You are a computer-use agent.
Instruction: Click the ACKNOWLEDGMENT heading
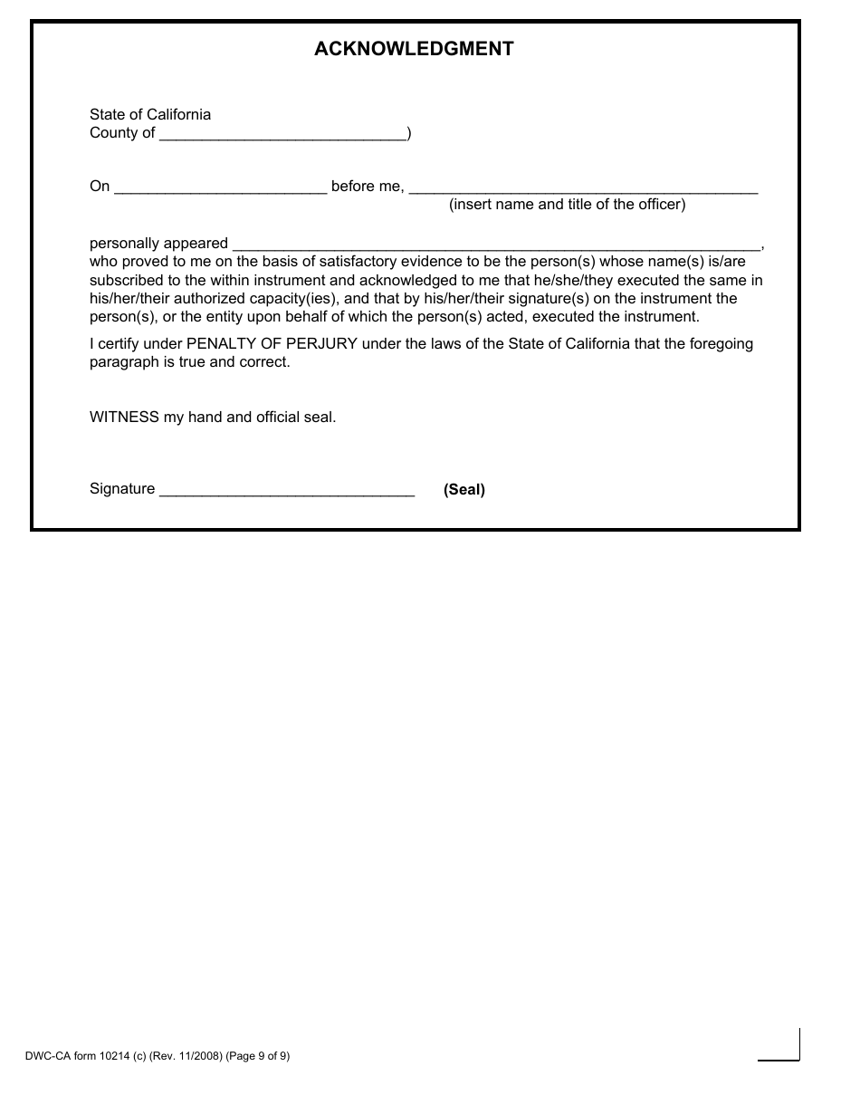[414, 49]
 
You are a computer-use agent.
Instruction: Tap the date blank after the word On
[220, 187]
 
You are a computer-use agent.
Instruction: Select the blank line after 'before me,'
[583, 187]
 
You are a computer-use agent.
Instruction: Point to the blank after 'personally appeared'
[496, 245]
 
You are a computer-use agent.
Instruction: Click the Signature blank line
[286, 490]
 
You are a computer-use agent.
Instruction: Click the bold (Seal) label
[463, 490]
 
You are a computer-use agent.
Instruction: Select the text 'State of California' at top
[150, 114]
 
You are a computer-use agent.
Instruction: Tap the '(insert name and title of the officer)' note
[567, 205]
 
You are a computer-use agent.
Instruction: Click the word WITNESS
[124, 418]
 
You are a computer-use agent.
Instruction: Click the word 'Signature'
[122, 489]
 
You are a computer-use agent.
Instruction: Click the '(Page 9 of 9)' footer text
[258, 1055]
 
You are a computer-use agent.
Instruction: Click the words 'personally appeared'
[158, 244]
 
